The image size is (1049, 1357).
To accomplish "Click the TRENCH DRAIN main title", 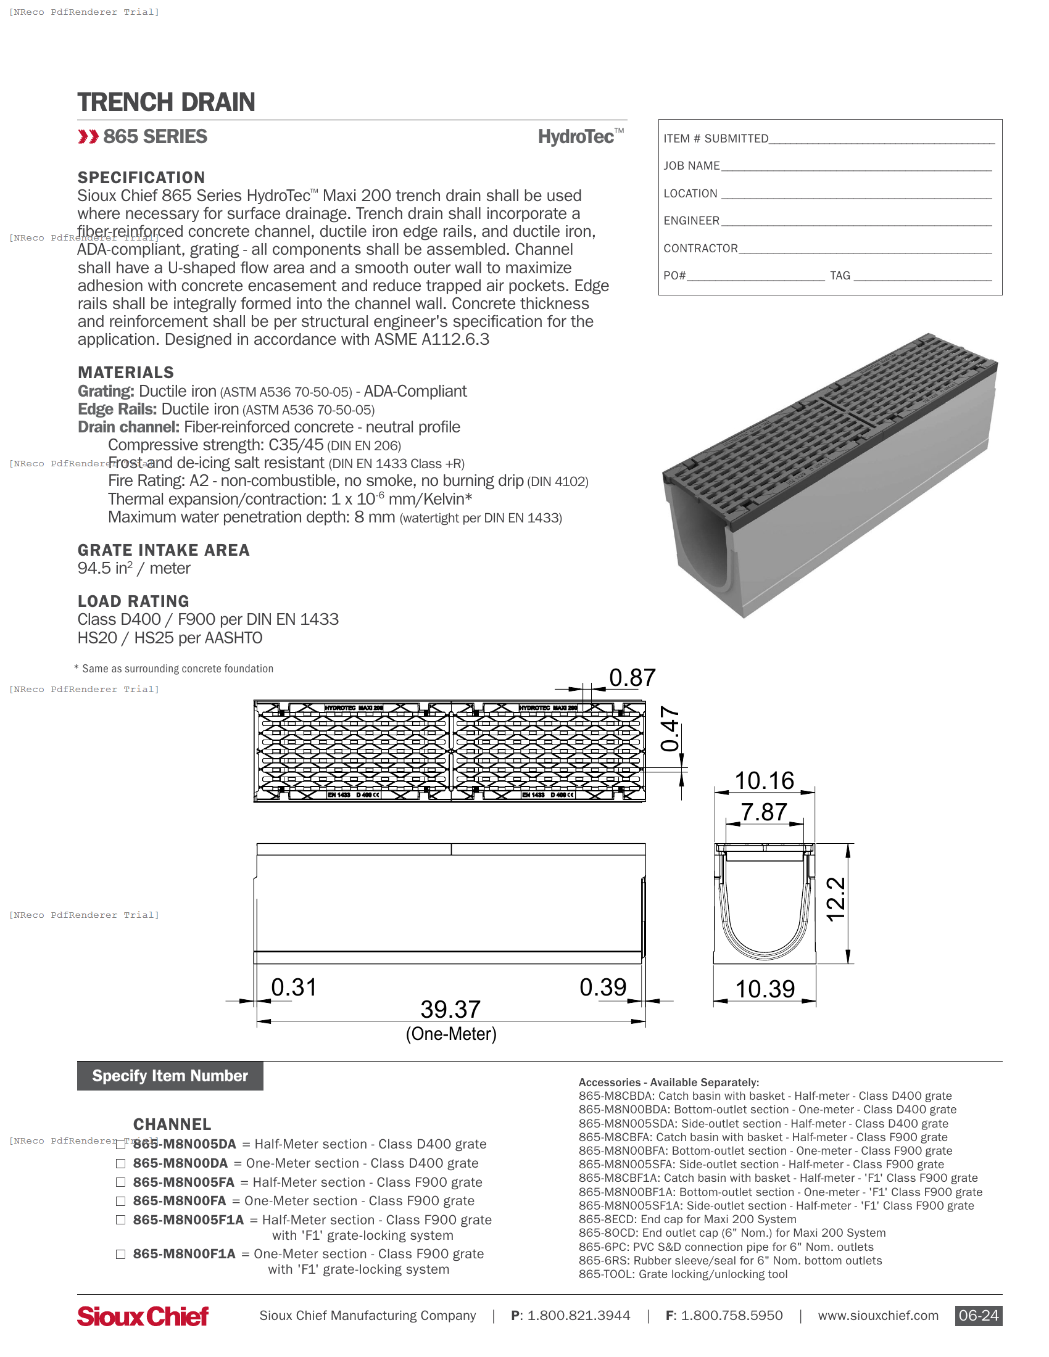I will click(166, 102).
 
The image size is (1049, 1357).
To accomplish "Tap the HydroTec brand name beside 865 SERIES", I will click(576, 137).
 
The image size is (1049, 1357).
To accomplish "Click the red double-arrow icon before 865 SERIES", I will click(88, 137).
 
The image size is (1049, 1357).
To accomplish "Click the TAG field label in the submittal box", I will click(840, 275).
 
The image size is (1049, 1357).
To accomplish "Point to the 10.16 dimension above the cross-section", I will click(765, 780).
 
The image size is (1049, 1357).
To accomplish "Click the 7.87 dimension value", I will click(764, 812).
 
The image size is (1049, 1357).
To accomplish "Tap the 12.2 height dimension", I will click(836, 899).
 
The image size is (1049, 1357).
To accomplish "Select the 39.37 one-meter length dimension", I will click(450, 1010).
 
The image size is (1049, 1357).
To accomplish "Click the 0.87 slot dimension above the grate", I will click(632, 678).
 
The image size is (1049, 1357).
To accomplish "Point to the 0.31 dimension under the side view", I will click(294, 988).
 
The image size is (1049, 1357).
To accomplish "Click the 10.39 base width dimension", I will click(765, 989).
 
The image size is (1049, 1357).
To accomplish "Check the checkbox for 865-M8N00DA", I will click(120, 1163).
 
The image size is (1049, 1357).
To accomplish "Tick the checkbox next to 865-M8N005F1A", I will click(120, 1219).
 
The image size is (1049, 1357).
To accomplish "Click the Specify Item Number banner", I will click(170, 1076).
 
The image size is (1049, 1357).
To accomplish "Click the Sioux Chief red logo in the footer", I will click(143, 1316).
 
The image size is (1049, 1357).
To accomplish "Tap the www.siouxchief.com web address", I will click(877, 1316).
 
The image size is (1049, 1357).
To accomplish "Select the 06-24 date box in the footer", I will click(978, 1316).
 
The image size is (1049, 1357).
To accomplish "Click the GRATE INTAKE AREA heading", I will click(164, 550).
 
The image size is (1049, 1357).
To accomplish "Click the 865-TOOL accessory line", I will click(682, 1274).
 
